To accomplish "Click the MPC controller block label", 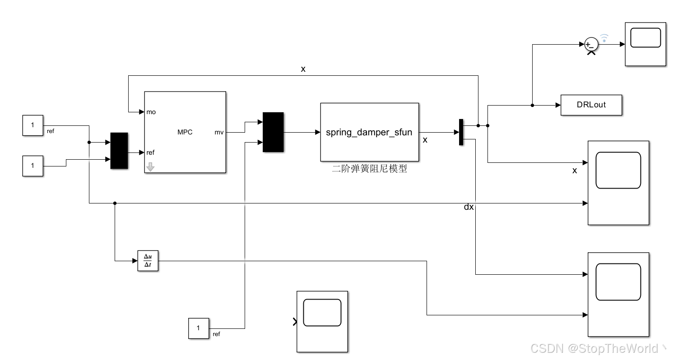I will pyautogui.click(x=185, y=132).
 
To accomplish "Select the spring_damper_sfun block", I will pyautogui.click(x=369, y=132).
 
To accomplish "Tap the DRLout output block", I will pyautogui.click(x=591, y=105).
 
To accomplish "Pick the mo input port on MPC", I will pyautogui.click(x=151, y=112).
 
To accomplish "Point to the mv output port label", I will pyautogui.click(x=219, y=132).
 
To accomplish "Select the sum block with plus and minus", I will pyautogui.click(x=591, y=44).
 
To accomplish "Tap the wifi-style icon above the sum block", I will pyautogui.click(x=604, y=37).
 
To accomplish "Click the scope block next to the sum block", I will pyautogui.click(x=645, y=44).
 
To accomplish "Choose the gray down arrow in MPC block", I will pyautogui.click(x=150, y=167).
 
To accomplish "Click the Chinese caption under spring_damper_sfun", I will pyautogui.click(x=369, y=169).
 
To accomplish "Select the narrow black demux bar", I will pyautogui.click(x=461, y=132).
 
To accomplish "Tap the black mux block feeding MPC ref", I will pyautogui.click(x=119, y=151).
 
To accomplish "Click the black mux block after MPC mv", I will pyautogui.click(x=273, y=132).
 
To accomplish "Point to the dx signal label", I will pyautogui.click(x=469, y=207).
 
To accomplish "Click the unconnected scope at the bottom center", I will pyautogui.click(x=322, y=321).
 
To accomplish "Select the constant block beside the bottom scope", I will pyautogui.click(x=199, y=328).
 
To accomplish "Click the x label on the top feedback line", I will pyautogui.click(x=303, y=69).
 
